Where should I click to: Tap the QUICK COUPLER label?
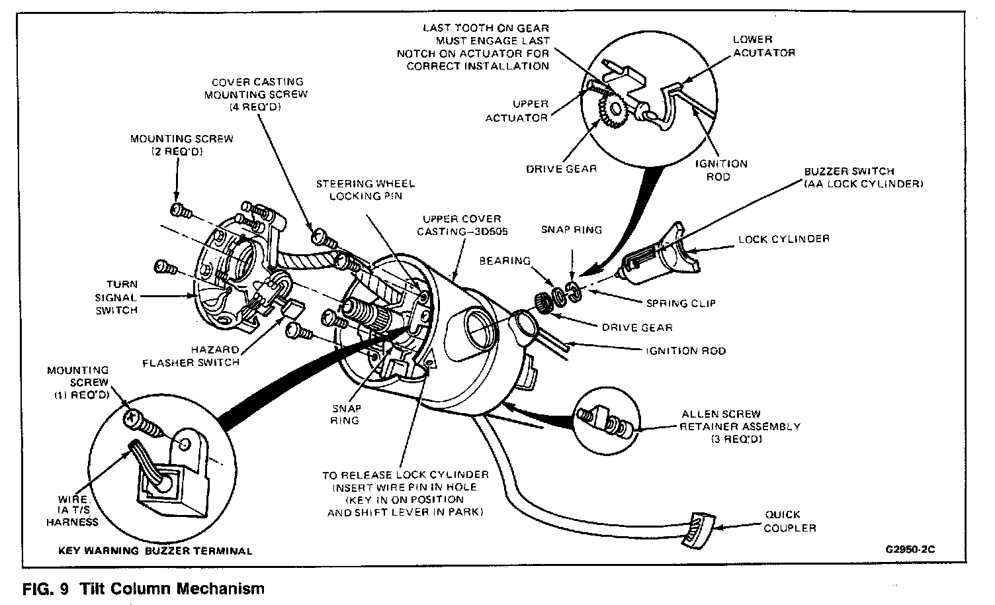[790, 521]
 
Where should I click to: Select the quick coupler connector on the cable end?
[698, 529]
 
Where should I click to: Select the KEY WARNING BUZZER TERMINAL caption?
[155, 551]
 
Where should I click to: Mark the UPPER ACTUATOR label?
[517, 111]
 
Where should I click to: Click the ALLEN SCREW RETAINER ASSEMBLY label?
[740, 426]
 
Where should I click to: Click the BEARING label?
[505, 261]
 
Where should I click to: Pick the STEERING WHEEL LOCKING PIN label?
[365, 190]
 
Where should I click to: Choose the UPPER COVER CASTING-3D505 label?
[462, 225]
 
